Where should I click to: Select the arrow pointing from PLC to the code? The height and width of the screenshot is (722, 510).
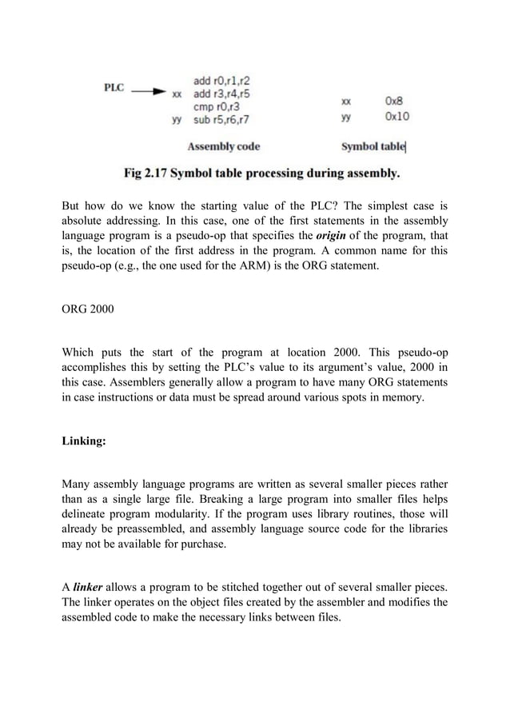point(149,92)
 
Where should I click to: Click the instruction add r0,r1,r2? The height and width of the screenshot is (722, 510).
point(220,80)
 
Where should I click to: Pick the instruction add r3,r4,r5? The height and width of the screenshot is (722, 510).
point(221,93)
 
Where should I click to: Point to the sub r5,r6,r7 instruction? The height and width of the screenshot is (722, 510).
point(221,119)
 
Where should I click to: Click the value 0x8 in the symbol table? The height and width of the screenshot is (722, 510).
point(393,102)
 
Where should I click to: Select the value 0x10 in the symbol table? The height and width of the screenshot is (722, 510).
point(396,117)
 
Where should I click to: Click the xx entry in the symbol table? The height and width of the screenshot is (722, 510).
point(345,102)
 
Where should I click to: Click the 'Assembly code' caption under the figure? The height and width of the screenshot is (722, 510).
point(223,146)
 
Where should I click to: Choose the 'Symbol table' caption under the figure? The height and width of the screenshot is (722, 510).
point(373,146)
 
